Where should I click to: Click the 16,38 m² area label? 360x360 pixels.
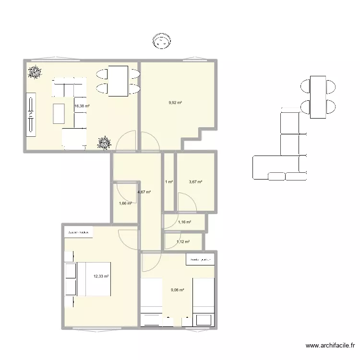(x=82, y=107)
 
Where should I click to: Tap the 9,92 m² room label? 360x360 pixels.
(x=175, y=103)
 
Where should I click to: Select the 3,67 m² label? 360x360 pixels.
(x=195, y=182)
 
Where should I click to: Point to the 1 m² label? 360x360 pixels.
(x=169, y=182)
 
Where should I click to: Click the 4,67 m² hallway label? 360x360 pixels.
(x=144, y=192)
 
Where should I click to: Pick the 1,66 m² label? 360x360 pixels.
(x=125, y=204)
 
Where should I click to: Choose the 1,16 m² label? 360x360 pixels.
(x=184, y=222)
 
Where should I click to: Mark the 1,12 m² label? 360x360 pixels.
(x=183, y=242)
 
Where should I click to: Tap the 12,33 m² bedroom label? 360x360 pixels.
(x=101, y=276)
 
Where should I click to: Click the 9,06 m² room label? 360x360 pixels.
(x=178, y=289)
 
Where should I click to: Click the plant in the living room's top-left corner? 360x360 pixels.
(x=34, y=72)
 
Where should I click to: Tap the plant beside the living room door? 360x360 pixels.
(x=104, y=143)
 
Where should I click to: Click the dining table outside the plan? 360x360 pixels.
(x=318, y=97)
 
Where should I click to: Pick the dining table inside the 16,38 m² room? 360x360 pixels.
(x=118, y=81)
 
